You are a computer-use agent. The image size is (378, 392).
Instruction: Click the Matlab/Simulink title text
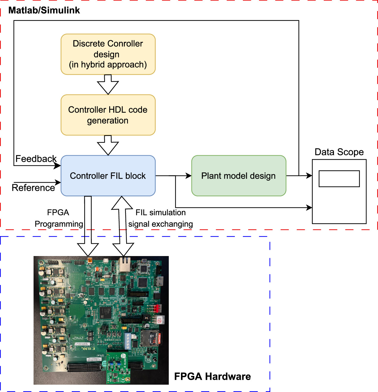point(44,10)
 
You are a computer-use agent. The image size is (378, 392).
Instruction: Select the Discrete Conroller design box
point(108,54)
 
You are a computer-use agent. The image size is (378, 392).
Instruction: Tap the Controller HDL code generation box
point(108,115)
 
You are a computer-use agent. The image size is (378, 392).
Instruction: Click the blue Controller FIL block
point(108,176)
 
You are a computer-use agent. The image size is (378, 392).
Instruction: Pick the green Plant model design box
point(239,176)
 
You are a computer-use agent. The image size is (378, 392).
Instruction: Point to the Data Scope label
point(339,152)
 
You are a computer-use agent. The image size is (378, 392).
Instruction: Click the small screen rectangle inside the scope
point(339,179)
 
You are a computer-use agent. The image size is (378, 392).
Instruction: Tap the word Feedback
point(36,159)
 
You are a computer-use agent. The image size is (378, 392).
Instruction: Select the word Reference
point(33,188)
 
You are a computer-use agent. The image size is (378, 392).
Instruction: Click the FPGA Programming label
point(59,218)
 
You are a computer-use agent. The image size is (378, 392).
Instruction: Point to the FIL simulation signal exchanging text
point(160,218)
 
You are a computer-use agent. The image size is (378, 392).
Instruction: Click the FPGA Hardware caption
point(212,376)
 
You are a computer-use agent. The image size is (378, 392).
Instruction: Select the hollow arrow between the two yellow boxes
point(108,85)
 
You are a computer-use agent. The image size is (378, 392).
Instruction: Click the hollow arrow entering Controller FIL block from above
point(108,145)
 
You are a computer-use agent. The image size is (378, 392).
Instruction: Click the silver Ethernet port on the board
point(124,264)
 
